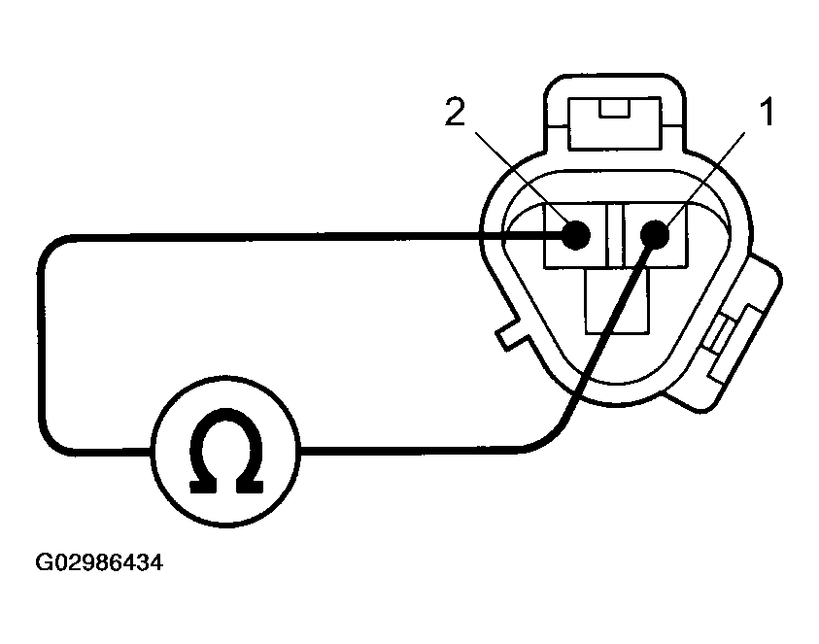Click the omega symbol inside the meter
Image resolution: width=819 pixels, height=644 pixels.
pos(225,451)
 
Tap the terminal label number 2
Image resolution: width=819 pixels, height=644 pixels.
pos(455,112)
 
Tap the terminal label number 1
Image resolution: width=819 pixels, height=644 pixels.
pos(767,113)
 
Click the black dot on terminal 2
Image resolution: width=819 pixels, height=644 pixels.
pos(575,235)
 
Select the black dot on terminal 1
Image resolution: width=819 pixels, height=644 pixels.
pos(655,234)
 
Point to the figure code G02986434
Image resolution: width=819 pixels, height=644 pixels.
pos(99,562)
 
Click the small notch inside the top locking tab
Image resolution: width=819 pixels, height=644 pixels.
pos(615,108)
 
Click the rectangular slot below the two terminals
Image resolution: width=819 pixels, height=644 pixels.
pos(617,300)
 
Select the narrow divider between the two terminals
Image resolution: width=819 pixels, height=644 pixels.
pos(616,235)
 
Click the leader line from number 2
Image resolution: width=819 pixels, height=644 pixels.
pos(520,177)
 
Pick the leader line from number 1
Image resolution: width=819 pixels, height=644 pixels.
pos(705,178)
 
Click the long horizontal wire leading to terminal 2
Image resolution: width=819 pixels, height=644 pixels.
pos(314,236)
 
